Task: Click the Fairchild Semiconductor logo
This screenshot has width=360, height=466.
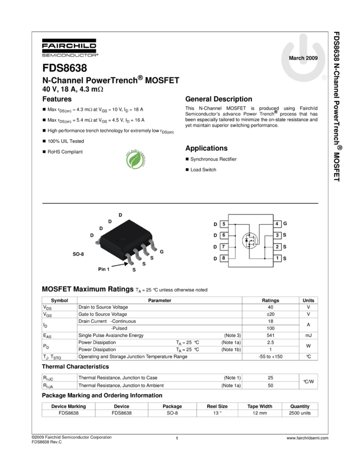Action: pyautogui.click(x=70, y=48)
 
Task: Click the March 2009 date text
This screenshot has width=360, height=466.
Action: pyautogui.click(x=303, y=58)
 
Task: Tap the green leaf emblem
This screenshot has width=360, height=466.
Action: pyautogui.click(x=135, y=159)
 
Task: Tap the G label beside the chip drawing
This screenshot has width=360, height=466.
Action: pyautogui.click(x=162, y=251)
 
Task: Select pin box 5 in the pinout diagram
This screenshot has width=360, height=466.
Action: pyautogui.click(x=224, y=224)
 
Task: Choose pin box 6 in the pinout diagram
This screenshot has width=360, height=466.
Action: pyautogui.click(x=224, y=235)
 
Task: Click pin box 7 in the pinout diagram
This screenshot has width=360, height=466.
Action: pyautogui.click(x=224, y=247)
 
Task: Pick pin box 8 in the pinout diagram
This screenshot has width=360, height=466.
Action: pyautogui.click(x=224, y=258)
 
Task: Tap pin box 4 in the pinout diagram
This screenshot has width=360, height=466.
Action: pyautogui.click(x=277, y=224)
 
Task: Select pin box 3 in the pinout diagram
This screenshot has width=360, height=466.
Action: pyautogui.click(x=277, y=235)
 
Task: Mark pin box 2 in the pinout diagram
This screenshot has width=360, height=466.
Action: pyautogui.click(x=277, y=247)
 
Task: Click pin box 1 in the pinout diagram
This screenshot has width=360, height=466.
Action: pyautogui.click(x=277, y=258)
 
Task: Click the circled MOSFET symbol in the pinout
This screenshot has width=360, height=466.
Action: pyautogui.click(x=250, y=240)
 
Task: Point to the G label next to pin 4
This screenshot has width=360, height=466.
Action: pyautogui.click(x=285, y=224)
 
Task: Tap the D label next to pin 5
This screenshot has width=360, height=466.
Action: pyautogui.click(x=215, y=224)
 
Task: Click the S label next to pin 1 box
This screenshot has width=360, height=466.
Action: pyautogui.click(x=285, y=258)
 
